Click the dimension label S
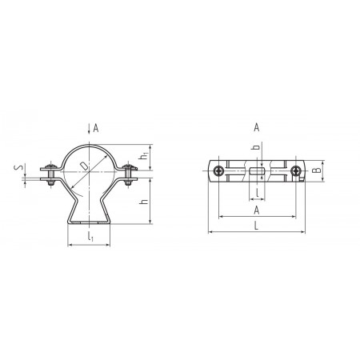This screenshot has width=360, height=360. pos(18,167)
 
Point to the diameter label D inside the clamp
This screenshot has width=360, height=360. pos(83,166)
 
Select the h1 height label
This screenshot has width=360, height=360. pos(144,156)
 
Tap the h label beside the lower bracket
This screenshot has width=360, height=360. pos(144,202)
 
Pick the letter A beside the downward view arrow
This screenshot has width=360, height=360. pos(96,128)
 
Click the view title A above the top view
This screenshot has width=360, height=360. pos(256,127)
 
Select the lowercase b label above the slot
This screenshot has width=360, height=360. pos(256,147)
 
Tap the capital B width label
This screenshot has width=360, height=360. pos(317,170)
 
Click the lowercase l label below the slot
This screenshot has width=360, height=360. pos(257,193)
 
